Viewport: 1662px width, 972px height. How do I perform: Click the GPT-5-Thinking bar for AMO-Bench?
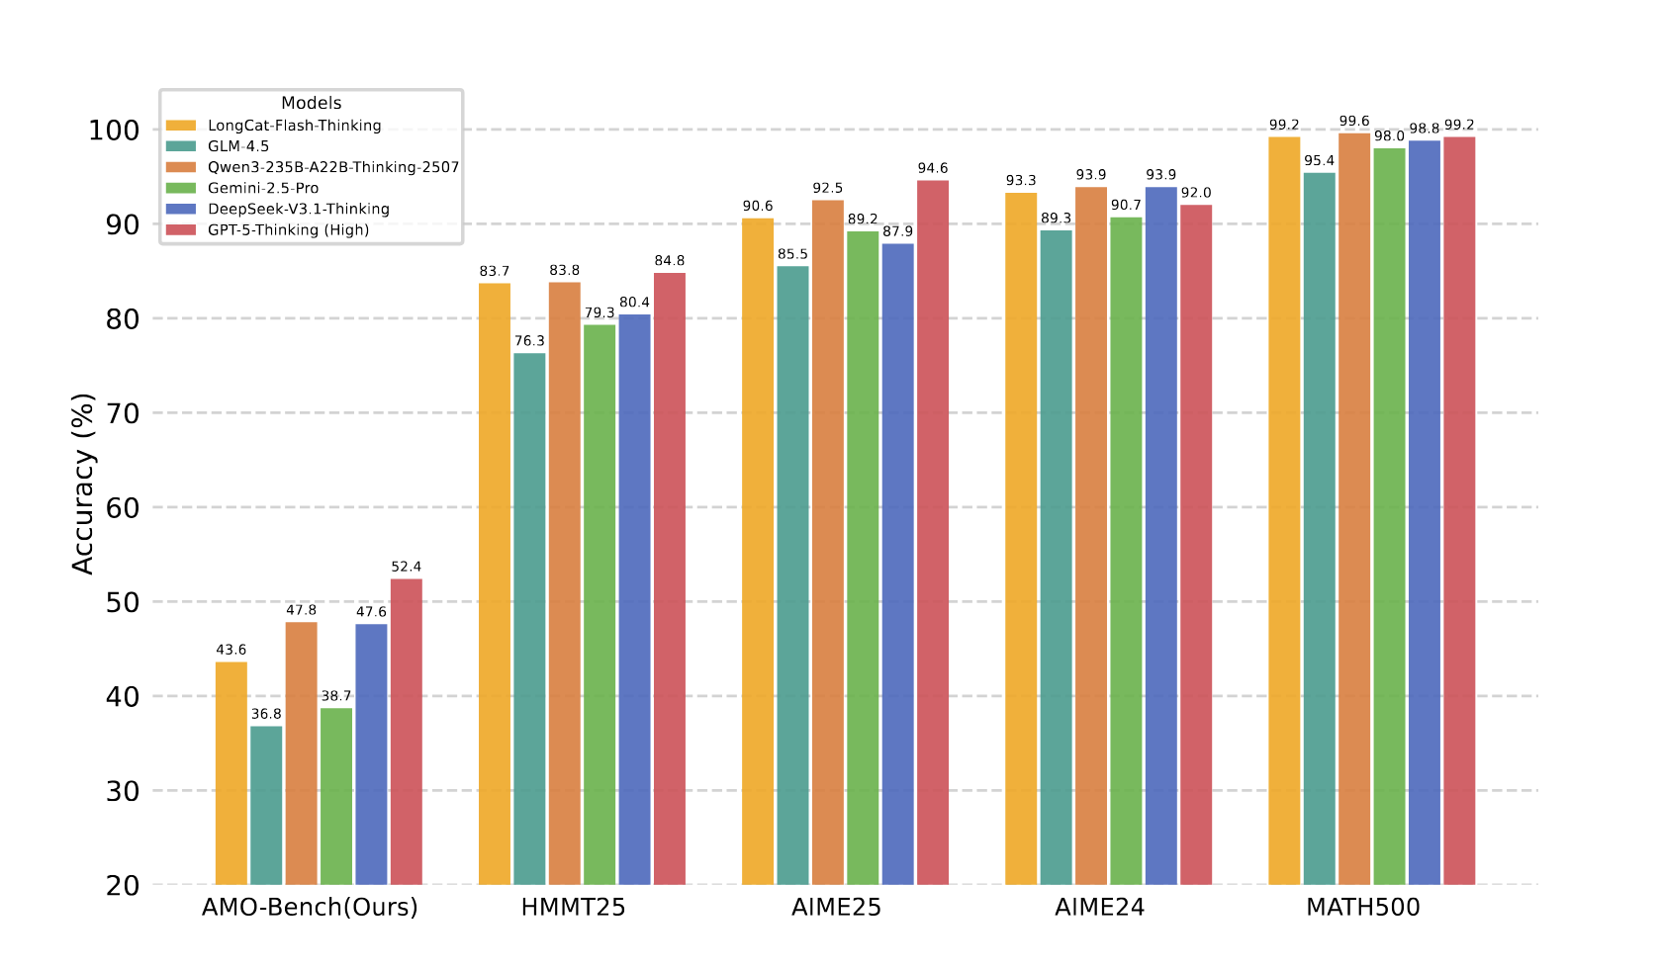coord(406,732)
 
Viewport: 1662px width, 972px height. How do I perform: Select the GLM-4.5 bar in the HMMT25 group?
coord(529,618)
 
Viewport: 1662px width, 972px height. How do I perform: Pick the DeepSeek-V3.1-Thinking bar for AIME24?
coord(1160,535)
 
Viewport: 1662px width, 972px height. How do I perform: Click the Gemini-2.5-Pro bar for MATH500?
coord(1389,515)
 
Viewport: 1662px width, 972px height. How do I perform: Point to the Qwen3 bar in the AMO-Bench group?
coord(301,752)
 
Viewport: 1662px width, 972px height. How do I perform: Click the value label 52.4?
coord(406,567)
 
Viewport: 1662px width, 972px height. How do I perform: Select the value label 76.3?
coord(529,341)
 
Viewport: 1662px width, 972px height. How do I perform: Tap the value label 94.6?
coord(933,168)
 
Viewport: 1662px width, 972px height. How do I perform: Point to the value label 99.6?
coord(1354,122)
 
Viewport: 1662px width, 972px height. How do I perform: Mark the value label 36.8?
coord(266,714)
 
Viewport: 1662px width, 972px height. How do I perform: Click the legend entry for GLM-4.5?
coord(237,146)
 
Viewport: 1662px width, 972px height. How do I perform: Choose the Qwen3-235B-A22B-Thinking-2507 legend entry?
coord(332,167)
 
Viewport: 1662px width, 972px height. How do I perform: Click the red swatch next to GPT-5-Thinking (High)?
coord(181,229)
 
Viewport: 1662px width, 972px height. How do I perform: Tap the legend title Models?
coord(311,103)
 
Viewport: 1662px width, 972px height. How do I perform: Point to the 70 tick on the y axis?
coord(123,413)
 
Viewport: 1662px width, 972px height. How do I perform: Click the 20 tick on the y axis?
coord(123,885)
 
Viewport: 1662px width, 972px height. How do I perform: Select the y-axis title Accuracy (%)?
coord(83,484)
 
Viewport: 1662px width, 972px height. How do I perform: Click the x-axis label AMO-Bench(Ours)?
coord(310,908)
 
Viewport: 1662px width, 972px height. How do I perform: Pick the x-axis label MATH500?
coord(1362,908)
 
